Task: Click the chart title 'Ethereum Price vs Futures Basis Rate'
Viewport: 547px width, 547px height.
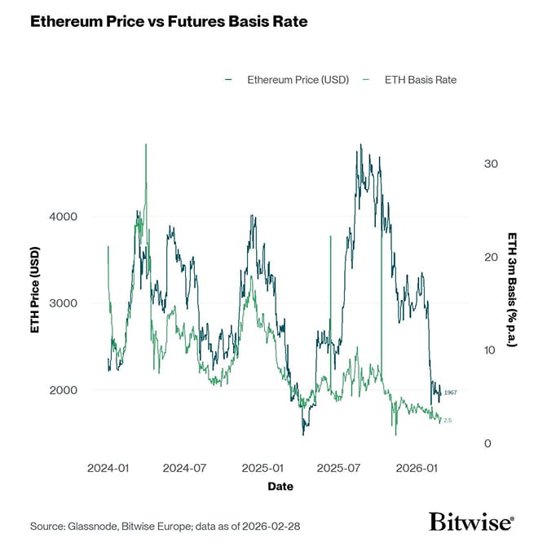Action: [x=169, y=22]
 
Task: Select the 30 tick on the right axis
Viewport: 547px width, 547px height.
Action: [x=491, y=164]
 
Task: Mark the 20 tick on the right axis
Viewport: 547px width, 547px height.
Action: [x=491, y=257]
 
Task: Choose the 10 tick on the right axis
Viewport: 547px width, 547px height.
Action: [x=491, y=351]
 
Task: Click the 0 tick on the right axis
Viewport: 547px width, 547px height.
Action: [x=487, y=443]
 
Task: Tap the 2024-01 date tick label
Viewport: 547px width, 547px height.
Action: [x=108, y=469]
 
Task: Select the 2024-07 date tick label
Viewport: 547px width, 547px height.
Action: [x=185, y=469]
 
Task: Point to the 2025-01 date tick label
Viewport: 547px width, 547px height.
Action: [x=262, y=469]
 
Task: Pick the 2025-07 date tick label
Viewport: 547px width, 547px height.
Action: [x=339, y=469]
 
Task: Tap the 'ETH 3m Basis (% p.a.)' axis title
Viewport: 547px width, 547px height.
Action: [x=512, y=289]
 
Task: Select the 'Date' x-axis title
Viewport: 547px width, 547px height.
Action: [x=280, y=487]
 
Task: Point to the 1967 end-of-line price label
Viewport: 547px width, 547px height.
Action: [x=450, y=393]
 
